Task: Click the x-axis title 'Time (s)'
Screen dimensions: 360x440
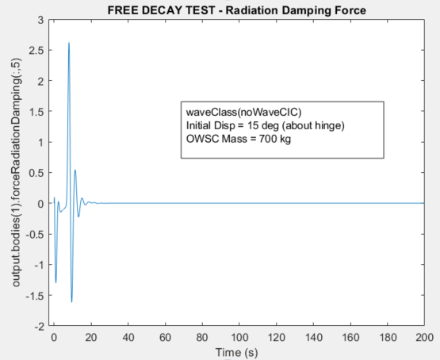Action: coord(238,351)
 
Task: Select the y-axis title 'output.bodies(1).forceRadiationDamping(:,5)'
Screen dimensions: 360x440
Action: coord(17,172)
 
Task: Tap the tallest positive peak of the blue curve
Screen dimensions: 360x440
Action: coord(69,43)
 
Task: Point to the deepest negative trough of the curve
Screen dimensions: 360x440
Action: coord(71,301)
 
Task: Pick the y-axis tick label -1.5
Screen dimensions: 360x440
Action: coord(34,296)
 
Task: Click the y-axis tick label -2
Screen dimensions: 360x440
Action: coord(37,326)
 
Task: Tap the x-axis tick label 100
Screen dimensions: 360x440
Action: coord(239,336)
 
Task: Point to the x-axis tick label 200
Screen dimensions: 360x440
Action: coord(425,336)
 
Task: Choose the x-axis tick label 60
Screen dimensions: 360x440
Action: coord(164,336)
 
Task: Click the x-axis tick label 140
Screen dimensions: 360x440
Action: coord(313,336)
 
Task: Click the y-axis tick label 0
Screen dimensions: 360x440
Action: coord(40,204)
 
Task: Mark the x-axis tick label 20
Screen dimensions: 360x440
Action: coord(90,336)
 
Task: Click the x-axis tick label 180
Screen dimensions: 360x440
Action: coord(388,336)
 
